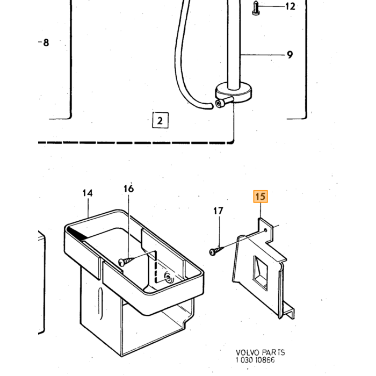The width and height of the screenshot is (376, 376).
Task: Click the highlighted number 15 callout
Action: click(x=261, y=197)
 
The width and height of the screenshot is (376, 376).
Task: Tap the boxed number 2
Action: click(x=160, y=120)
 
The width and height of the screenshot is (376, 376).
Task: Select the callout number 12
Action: click(x=290, y=6)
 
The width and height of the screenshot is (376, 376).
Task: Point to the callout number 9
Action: click(x=290, y=55)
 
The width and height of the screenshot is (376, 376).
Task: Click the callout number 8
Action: click(x=46, y=43)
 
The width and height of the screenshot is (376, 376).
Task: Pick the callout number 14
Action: click(x=88, y=193)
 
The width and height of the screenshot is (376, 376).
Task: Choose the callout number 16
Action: click(x=128, y=189)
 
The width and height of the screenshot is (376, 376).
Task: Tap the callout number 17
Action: click(x=218, y=211)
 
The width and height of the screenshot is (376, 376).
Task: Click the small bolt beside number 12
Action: click(x=256, y=9)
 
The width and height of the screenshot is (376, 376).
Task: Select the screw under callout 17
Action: click(x=216, y=251)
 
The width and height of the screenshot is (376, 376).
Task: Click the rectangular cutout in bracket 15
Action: click(x=260, y=271)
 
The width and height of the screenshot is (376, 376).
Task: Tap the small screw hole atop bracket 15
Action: click(x=265, y=230)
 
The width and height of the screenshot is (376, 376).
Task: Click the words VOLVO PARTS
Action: click(x=260, y=352)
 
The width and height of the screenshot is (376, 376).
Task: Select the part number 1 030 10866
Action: click(x=255, y=360)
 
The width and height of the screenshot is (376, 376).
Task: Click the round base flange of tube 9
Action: click(x=234, y=92)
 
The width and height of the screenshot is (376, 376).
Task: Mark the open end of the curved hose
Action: click(x=211, y=106)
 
